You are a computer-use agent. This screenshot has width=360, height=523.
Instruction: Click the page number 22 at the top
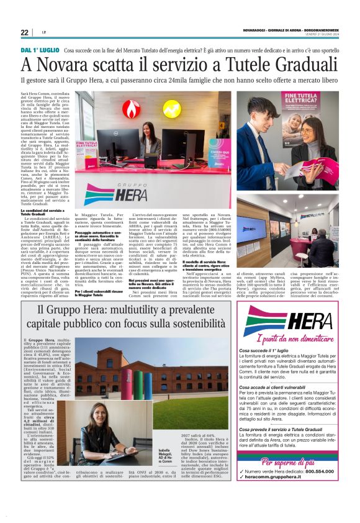point(24,33)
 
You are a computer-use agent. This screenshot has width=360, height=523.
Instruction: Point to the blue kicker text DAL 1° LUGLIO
point(40,50)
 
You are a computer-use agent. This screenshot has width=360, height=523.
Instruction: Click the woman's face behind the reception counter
point(150,129)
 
